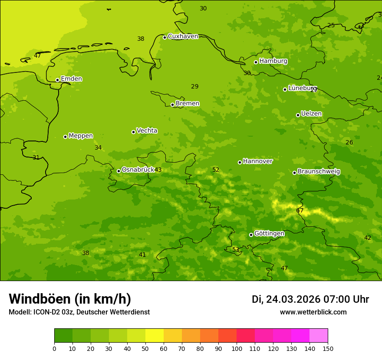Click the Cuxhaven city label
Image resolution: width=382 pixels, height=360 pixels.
coord(183,36)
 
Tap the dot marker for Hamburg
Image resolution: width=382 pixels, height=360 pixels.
coord(256,62)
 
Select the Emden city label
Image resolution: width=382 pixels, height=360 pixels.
coord(71,79)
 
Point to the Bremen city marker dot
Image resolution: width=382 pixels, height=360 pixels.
coord(172,105)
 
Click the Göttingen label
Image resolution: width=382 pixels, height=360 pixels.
coord(269,234)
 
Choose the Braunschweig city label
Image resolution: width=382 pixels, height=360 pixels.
coord(319,172)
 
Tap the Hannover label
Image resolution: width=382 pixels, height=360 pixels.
coord(257,161)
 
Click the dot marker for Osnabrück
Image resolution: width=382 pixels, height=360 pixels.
coord(119,171)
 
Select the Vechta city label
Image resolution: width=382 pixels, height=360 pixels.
coord(147,131)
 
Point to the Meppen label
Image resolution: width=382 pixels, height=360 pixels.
coord(81,136)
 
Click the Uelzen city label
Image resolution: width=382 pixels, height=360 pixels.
coord(311,114)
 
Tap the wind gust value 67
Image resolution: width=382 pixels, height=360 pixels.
coord(300,211)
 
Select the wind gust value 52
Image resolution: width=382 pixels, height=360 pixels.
coord(216,170)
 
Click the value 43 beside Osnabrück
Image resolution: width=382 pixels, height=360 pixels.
coord(158,170)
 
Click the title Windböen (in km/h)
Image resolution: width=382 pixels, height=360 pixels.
coord(70,299)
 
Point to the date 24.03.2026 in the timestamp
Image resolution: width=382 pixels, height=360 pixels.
coord(293,299)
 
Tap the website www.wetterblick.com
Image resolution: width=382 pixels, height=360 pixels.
coord(313,312)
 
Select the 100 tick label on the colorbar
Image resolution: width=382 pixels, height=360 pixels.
coord(237,348)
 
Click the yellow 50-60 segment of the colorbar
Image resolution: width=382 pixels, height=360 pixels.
coord(155,335)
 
